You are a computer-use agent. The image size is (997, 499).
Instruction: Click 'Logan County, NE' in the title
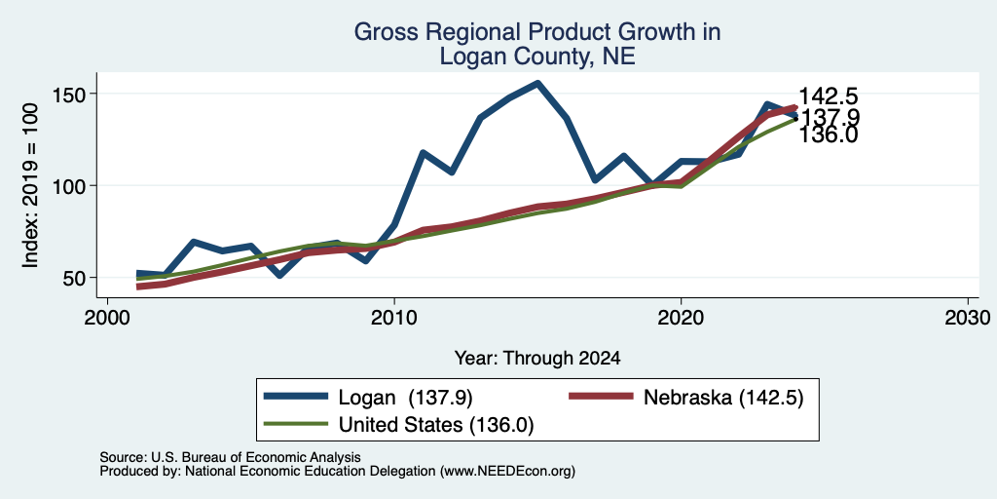coord(537,57)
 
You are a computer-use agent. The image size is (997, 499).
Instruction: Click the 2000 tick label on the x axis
coord(107,317)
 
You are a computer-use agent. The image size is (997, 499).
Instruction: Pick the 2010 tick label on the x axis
coord(394,317)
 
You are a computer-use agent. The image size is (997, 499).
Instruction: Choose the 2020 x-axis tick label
coord(681,317)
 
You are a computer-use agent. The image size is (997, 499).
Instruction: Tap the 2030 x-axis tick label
coord(968,317)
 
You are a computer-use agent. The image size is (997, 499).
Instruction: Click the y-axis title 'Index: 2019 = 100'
coord(30,186)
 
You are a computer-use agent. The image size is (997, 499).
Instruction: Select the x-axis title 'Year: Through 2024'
coord(537,359)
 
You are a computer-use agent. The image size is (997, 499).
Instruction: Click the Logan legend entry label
coord(406,398)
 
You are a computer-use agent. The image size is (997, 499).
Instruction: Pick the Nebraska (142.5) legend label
coord(723,398)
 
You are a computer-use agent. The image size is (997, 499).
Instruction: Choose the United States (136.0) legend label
coord(436,425)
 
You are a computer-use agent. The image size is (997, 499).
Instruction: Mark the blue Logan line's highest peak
coord(537,83)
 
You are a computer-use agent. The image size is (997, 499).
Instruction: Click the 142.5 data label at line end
coord(828,96)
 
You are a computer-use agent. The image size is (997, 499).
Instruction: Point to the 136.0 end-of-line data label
coord(828,134)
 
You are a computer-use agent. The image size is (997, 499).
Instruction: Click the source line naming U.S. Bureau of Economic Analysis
coord(230,457)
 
